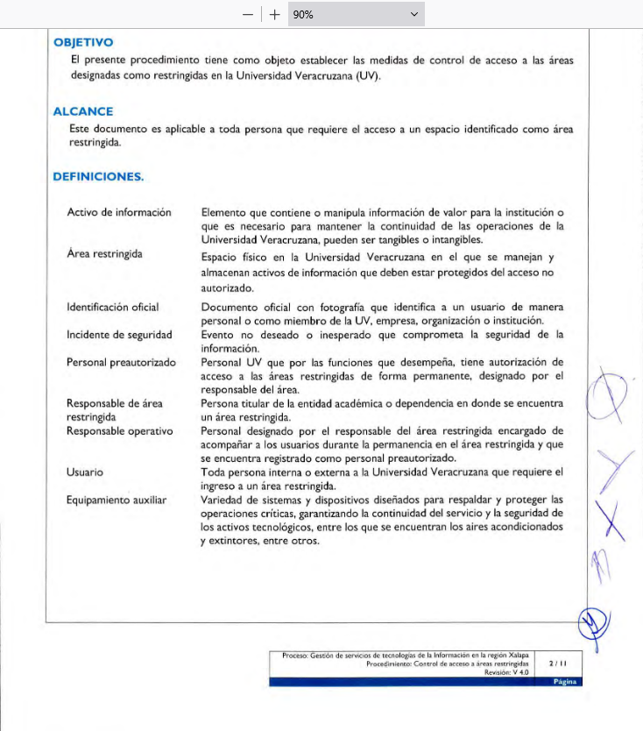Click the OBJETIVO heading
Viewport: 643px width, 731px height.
(83, 42)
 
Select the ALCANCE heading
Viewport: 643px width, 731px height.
(83, 111)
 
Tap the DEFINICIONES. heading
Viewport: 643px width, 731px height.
(98, 176)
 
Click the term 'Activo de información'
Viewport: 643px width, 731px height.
(119, 212)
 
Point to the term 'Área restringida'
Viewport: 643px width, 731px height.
(104, 253)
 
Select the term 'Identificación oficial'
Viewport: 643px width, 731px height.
(113, 307)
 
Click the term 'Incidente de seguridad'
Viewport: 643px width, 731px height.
(119, 334)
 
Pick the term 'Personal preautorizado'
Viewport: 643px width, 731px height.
(121, 362)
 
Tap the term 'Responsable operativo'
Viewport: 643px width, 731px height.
(120, 431)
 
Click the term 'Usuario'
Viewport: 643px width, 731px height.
(85, 472)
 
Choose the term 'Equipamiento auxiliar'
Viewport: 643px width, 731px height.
(117, 500)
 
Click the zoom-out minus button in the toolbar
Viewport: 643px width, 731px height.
(249, 14)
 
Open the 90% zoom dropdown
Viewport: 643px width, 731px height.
(356, 14)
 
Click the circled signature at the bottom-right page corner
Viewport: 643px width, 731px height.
(593, 624)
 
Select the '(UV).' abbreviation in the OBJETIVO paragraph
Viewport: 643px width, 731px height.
(369, 75)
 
